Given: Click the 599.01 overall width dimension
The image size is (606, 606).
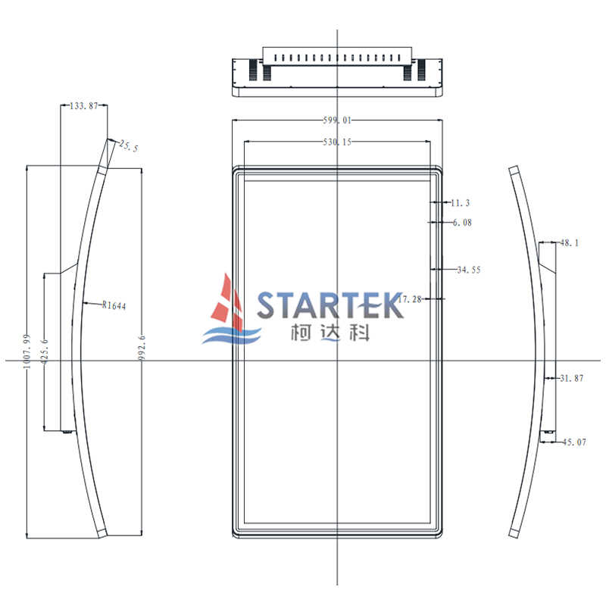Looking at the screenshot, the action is click(337, 120).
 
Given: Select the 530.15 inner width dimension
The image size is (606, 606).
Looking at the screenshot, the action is click(337, 142).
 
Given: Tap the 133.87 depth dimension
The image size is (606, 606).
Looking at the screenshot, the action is click(84, 105).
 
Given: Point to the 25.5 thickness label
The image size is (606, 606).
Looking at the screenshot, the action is click(129, 146).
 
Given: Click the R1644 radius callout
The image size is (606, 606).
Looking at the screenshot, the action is click(114, 305).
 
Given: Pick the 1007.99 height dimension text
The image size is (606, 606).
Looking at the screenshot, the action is click(27, 351).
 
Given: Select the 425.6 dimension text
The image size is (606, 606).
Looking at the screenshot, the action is click(45, 351).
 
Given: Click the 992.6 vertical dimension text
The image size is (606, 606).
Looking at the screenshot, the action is click(142, 348).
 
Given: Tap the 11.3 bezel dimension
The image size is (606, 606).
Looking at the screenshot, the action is click(461, 202).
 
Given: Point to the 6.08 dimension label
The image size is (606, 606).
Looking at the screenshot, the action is click(462, 222).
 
